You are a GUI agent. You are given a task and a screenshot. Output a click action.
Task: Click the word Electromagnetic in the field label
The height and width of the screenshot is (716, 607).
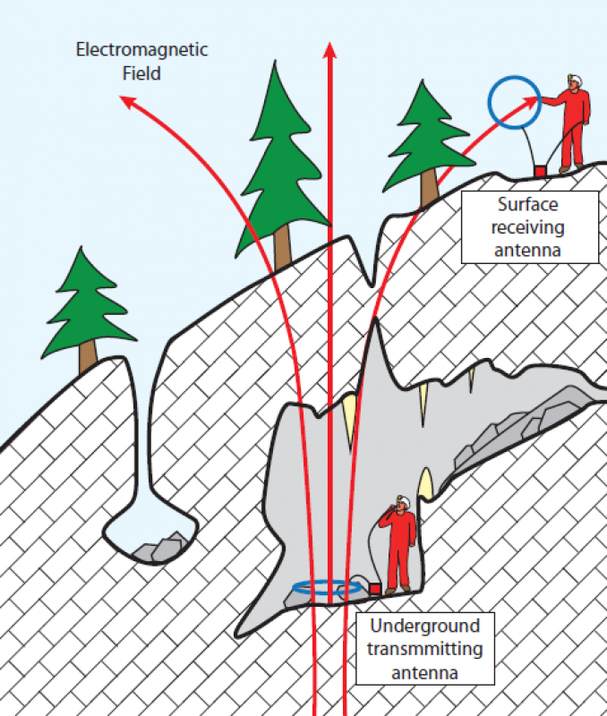pos(141,50)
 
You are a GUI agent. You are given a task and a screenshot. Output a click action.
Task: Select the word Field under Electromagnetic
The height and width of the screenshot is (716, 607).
pos(141,73)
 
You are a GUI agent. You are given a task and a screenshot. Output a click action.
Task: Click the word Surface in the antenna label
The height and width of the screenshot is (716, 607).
pos(530,205)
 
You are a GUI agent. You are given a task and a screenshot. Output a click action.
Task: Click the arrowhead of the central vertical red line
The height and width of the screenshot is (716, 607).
pos(330,50)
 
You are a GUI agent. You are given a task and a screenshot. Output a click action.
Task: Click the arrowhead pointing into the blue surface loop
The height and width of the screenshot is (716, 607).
pos(529,99)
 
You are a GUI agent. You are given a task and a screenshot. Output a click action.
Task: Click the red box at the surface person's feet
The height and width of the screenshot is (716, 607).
pos(540,170)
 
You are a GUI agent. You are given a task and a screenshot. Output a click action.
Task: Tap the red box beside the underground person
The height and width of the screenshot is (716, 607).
pos(375,589)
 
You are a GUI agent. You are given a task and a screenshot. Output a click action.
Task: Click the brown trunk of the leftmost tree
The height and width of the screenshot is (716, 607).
pos(88,356)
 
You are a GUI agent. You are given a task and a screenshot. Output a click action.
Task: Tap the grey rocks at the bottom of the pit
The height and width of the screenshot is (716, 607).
pos(161,548)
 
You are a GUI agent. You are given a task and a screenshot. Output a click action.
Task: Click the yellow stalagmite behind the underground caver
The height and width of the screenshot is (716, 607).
pos(426,483)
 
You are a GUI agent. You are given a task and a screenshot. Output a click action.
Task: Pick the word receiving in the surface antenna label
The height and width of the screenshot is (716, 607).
pos(530,227)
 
